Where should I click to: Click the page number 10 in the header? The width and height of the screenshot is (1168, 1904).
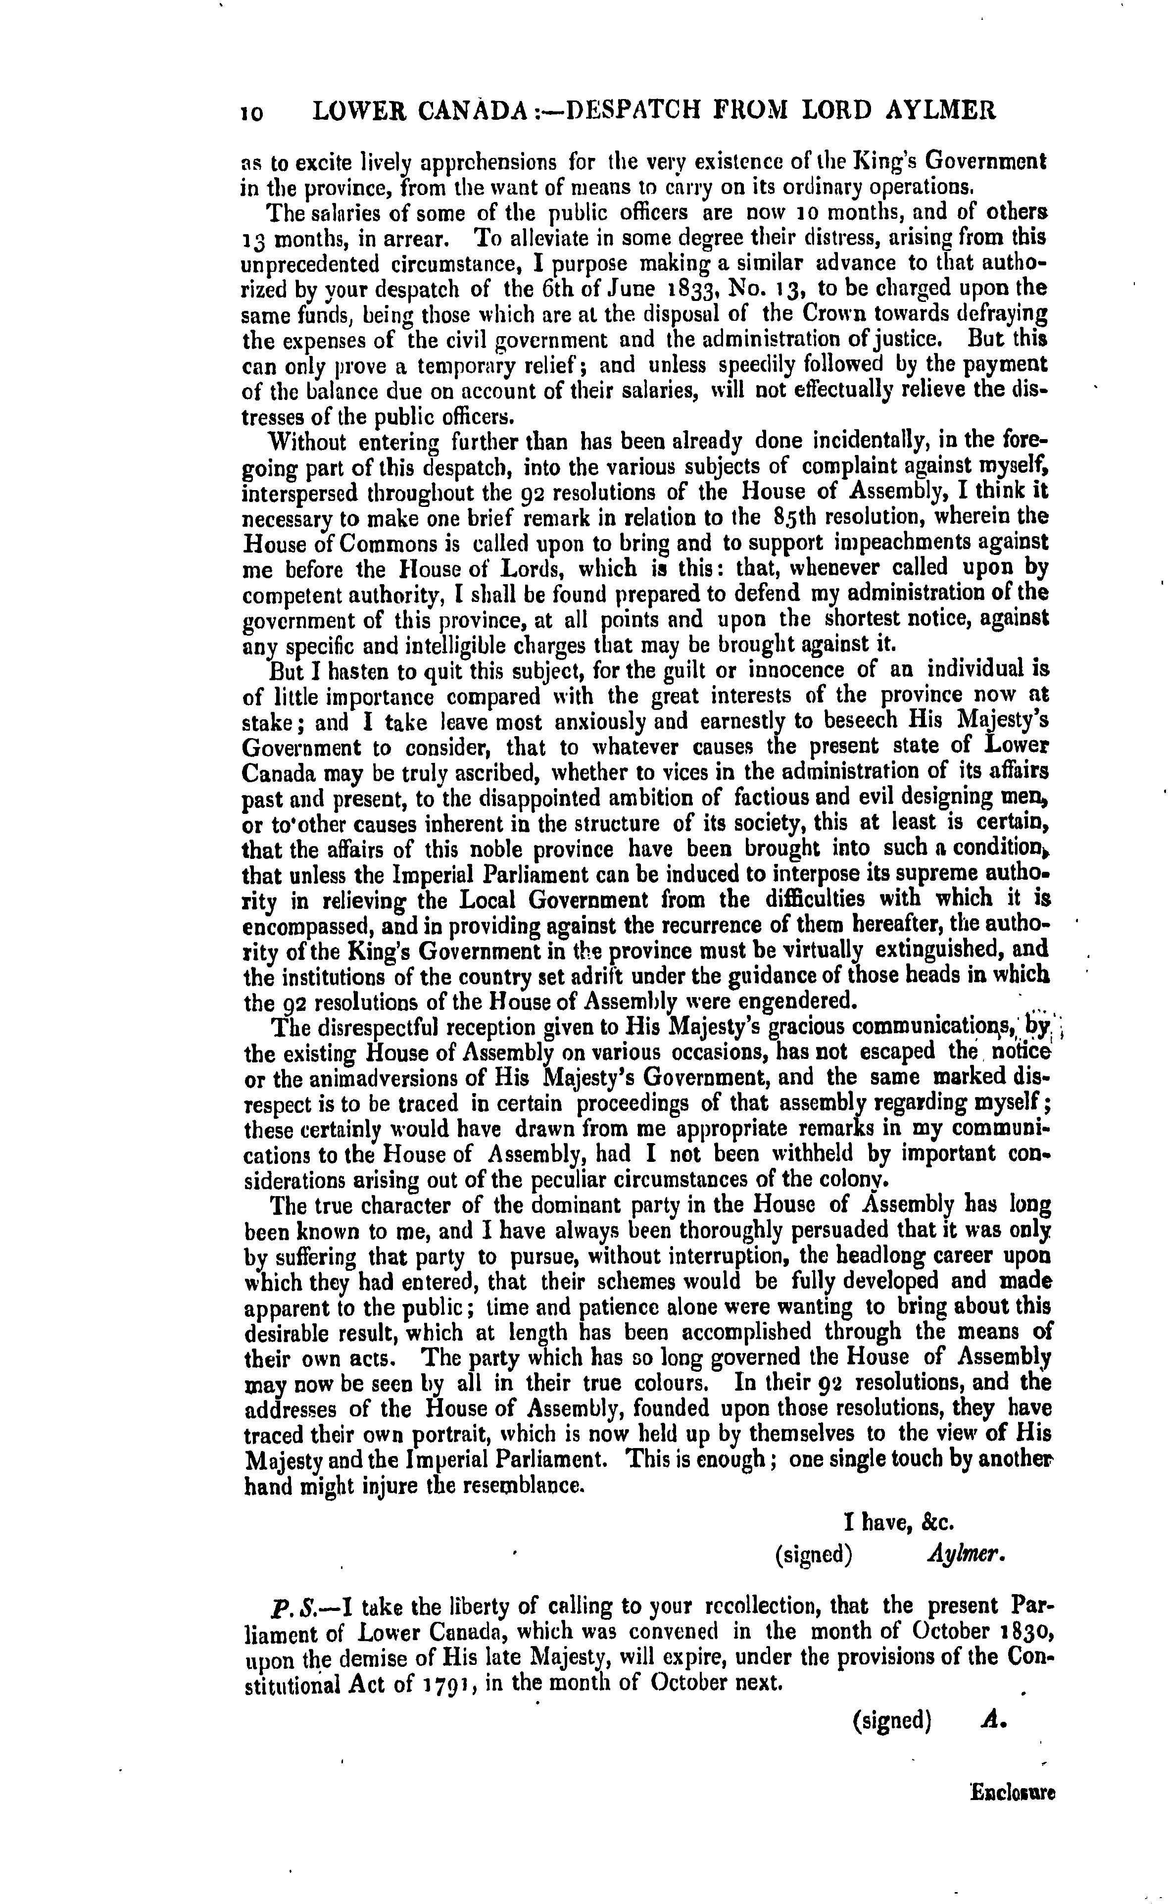(x=252, y=113)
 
